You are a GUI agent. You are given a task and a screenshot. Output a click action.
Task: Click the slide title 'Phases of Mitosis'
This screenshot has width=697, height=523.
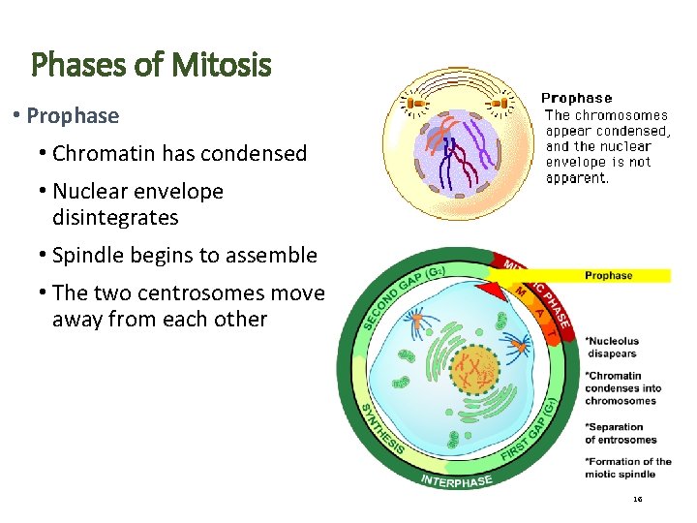tap(151, 66)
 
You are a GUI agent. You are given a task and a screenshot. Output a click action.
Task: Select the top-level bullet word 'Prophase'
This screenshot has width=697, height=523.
tap(73, 115)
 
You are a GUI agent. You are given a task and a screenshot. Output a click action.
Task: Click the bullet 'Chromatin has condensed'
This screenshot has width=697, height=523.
tap(179, 153)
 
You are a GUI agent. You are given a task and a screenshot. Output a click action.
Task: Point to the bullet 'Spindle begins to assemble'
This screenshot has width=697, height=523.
tap(184, 256)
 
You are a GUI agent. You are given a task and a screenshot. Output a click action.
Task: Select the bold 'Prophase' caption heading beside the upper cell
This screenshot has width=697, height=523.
tap(576, 98)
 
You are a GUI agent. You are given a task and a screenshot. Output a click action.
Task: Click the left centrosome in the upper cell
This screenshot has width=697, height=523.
tap(417, 101)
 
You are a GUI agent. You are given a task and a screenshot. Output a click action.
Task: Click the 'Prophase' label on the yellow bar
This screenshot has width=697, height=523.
tap(610, 276)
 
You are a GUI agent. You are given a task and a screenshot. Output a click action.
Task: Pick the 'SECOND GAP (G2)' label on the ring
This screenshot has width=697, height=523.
tap(397, 292)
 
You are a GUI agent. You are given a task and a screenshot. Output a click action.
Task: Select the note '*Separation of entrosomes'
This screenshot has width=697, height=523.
tap(621, 433)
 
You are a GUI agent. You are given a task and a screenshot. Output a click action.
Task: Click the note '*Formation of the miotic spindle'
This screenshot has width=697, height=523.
tap(627, 467)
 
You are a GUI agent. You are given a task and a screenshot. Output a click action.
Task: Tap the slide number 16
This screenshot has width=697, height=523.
tap(637, 500)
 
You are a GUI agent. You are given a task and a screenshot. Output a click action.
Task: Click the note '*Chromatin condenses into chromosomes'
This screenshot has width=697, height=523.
tap(622, 388)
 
